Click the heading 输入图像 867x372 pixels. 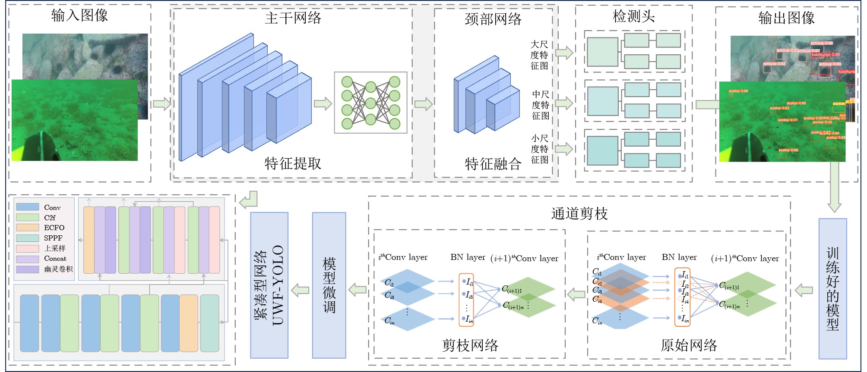point(79,16)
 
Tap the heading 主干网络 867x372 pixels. point(293,18)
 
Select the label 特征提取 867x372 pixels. point(293,164)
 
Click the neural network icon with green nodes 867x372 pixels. point(370,103)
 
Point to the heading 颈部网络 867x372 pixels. point(493,19)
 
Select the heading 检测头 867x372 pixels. point(633,17)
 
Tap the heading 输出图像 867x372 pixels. point(786,18)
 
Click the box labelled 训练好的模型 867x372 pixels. point(832,288)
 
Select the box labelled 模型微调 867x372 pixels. point(329,285)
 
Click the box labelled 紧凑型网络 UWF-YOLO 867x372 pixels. point(269,285)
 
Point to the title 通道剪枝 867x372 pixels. point(579,214)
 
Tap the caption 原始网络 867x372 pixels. point(688,345)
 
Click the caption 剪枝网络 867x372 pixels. point(470,345)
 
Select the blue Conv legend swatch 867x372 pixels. point(28,207)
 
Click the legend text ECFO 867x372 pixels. point(54,228)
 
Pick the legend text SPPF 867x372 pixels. point(53,238)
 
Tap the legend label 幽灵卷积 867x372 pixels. point(58,269)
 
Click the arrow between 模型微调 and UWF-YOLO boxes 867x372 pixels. point(300,290)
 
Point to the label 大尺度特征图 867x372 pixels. point(539,55)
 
